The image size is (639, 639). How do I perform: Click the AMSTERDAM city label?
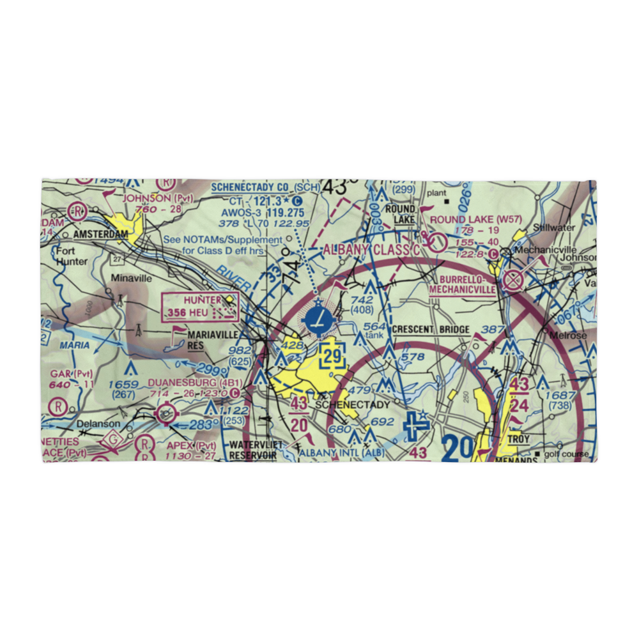pyautogui.click(x=100, y=235)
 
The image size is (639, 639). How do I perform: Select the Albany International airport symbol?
pyautogui.click(x=417, y=423)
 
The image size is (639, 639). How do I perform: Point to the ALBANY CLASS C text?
pyautogui.click(x=372, y=250)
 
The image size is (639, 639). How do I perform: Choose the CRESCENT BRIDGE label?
pyautogui.click(x=431, y=330)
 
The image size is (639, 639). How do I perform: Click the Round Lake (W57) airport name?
pyautogui.click(x=476, y=219)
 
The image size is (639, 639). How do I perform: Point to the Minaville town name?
pyautogui.click(x=132, y=278)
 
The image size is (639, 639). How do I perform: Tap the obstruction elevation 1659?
pyautogui.click(x=123, y=384)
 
